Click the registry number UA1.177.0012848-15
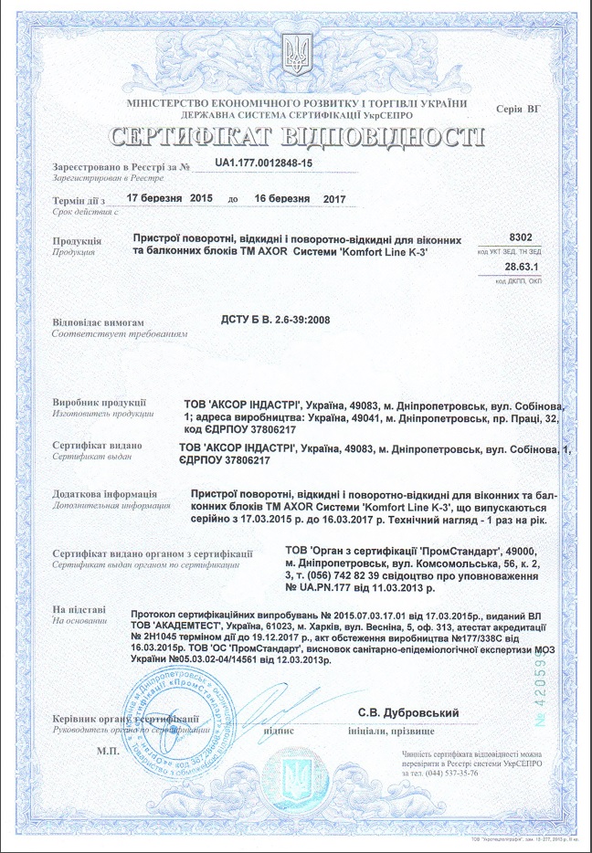click(264, 163)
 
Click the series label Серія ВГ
click(518, 109)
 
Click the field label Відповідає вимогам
click(99, 323)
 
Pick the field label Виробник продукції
click(100, 403)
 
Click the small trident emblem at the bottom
click(296, 781)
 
